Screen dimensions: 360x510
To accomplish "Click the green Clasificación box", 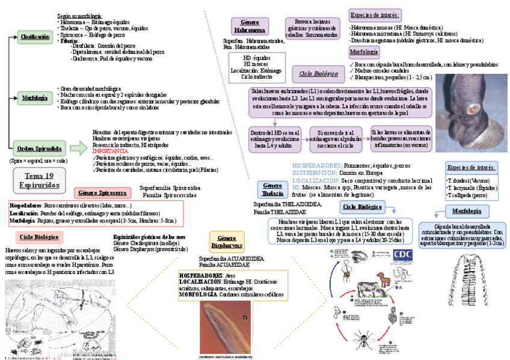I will (x=35, y=37).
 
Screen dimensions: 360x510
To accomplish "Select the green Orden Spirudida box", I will (x=39, y=148).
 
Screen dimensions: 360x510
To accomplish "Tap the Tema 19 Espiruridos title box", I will (x=39, y=180).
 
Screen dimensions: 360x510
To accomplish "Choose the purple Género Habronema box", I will (x=249, y=26).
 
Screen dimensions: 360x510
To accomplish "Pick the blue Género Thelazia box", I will (x=272, y=189).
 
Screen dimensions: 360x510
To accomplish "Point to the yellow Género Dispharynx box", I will (x=226, y=241).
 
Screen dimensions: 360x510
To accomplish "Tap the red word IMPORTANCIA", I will (x=111, y=151).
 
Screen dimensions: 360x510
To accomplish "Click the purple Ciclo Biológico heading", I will (x=319, y=74).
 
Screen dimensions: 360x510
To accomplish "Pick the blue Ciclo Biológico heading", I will (x=361, y=207).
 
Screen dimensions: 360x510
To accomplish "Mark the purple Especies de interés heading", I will (x=374, y=15).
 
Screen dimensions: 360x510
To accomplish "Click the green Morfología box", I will (x=35, y=97).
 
